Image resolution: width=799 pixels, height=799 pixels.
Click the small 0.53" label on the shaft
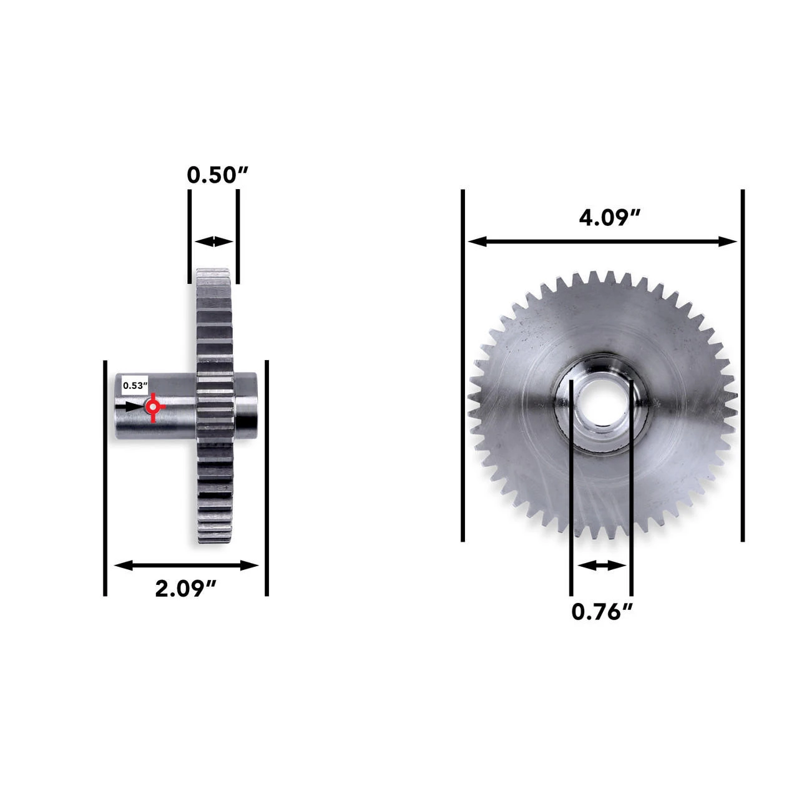click(x=133, y=385)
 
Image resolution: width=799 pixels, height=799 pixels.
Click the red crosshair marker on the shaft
click(x=152, y=407)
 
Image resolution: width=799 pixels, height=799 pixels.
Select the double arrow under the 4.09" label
click(x=603, y=242)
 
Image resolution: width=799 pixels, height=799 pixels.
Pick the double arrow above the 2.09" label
click(x=187, y=566)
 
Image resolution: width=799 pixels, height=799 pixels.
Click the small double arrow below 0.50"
click(x=213, y=242)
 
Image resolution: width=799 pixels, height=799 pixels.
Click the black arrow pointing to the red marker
click(x=134, y=406)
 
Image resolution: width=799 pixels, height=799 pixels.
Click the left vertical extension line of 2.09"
click(x=105, y=478)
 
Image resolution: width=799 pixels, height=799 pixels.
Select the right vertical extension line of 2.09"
click(x=267, y=478)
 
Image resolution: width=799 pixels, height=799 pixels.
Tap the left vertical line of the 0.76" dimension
click(x=571, y=487)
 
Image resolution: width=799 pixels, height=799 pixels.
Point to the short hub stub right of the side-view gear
click(x=244, y=406)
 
